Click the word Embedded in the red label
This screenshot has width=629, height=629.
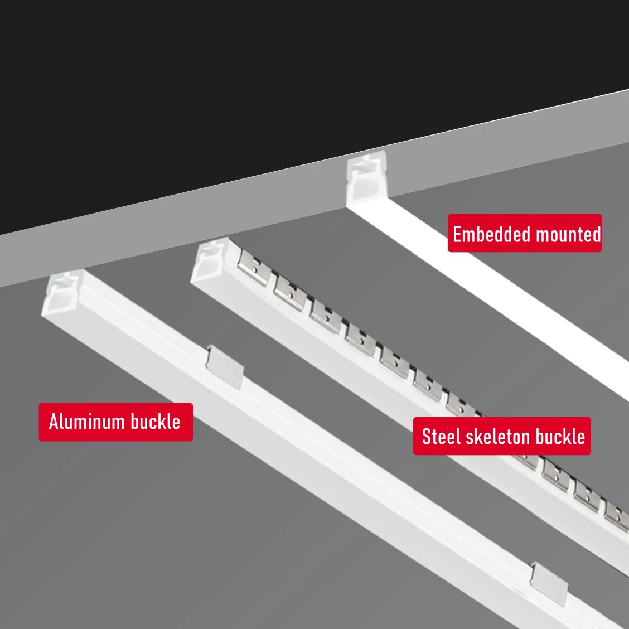(484, 234)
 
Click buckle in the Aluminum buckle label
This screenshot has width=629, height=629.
(156, 422)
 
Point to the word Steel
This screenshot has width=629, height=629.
(439, 436)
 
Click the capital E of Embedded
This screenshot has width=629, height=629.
(457, 234)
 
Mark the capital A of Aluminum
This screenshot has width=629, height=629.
(54, 422)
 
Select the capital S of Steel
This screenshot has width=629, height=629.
(426, 437)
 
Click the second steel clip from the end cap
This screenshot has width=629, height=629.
(289, 287)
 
